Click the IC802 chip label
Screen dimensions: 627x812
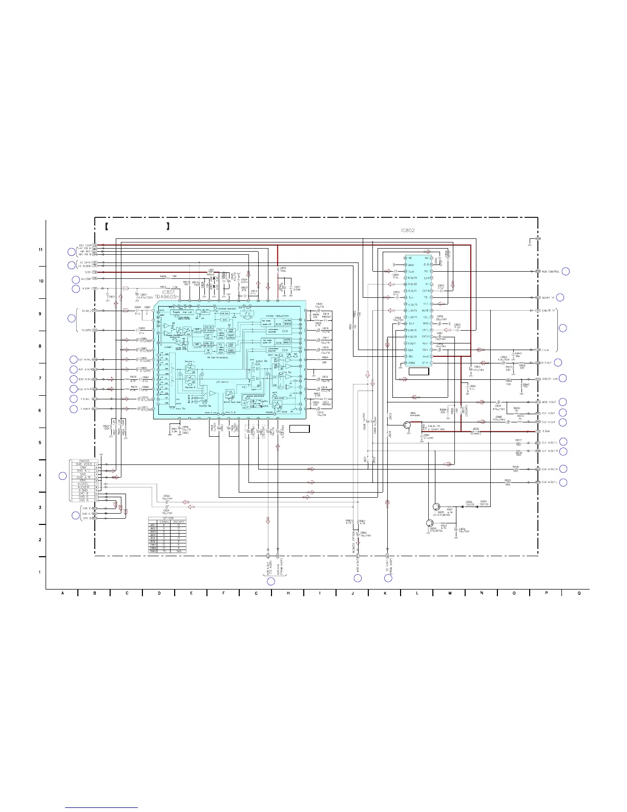pos(407,230)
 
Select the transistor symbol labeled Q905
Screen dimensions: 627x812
pos(436,506)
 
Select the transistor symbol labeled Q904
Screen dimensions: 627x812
pos(429,523)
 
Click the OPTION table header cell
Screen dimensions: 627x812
pos(167,518)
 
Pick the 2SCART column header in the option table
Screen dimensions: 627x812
pos(179,522)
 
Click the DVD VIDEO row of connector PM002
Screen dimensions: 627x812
pos(85,464)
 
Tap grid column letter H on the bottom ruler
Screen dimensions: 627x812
pos(287,594)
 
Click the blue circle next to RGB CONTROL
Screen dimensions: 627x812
pos(566,271)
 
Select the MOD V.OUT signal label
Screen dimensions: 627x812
pos(549,402)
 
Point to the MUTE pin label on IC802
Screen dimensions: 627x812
pos(425,311)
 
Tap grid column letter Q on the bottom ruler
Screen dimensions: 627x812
pos(579,594)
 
